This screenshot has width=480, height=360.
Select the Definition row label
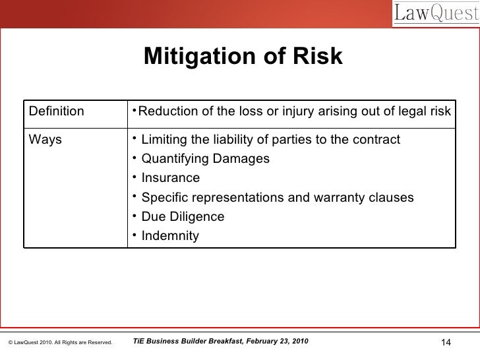coord(57,111)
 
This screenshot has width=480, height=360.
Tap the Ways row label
coord(45,140)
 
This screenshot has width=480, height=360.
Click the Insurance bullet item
coord(170,179)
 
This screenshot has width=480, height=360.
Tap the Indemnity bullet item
coord(169,235)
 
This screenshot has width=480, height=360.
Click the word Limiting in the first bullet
coord(164,140)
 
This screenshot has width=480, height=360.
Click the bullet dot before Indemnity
coord(134,235)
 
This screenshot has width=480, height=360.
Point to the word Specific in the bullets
coord(164,197)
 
